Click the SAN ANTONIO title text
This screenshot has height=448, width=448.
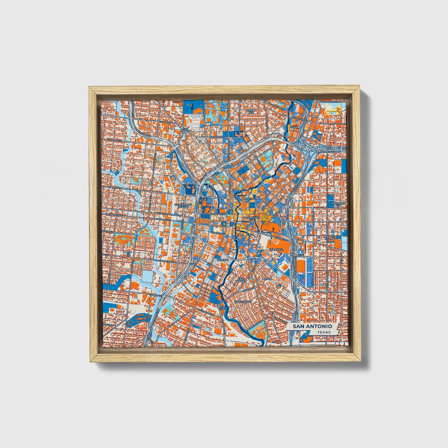[313, 326]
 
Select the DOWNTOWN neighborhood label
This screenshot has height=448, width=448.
[252, 218]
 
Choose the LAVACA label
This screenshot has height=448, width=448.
[267, 279]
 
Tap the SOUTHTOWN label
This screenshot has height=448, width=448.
[242, 301]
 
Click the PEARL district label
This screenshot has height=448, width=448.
[293, 127]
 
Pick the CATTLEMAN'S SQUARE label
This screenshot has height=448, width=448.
[184, 206]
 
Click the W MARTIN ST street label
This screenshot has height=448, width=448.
[112, 188]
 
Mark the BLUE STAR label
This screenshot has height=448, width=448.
[222, 308]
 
